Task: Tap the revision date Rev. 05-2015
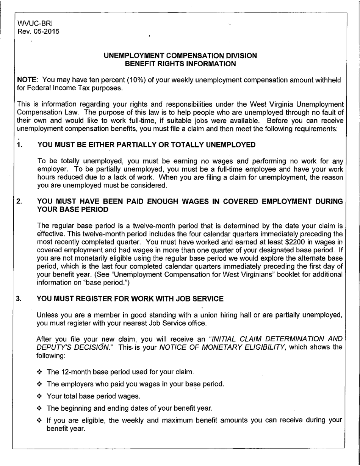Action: [x=38, y=31]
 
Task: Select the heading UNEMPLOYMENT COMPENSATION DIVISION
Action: [x=180, y=56]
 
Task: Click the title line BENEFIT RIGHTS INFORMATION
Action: [x=180, y=63]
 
